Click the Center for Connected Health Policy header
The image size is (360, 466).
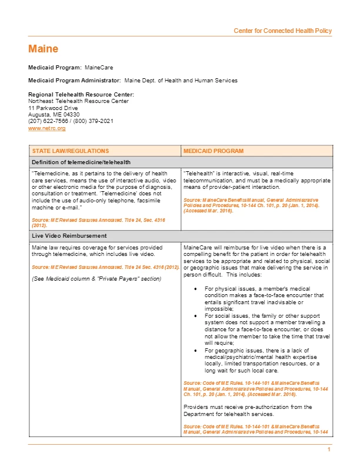coord(282,31)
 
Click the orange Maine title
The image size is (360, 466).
coord(43,49)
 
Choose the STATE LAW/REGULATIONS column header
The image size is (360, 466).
coord(71,151)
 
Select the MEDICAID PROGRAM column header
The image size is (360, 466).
coord(214,151)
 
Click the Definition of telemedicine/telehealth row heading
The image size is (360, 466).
coord(81,162)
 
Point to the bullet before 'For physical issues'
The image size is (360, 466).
coord(195,289)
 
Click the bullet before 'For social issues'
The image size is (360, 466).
coord(195,316)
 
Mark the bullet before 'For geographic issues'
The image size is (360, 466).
coord(195,350)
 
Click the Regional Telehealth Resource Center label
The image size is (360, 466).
coord(81,95)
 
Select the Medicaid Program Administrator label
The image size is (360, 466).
coord(75,80)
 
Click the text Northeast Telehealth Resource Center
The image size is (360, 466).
coord(78,101)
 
